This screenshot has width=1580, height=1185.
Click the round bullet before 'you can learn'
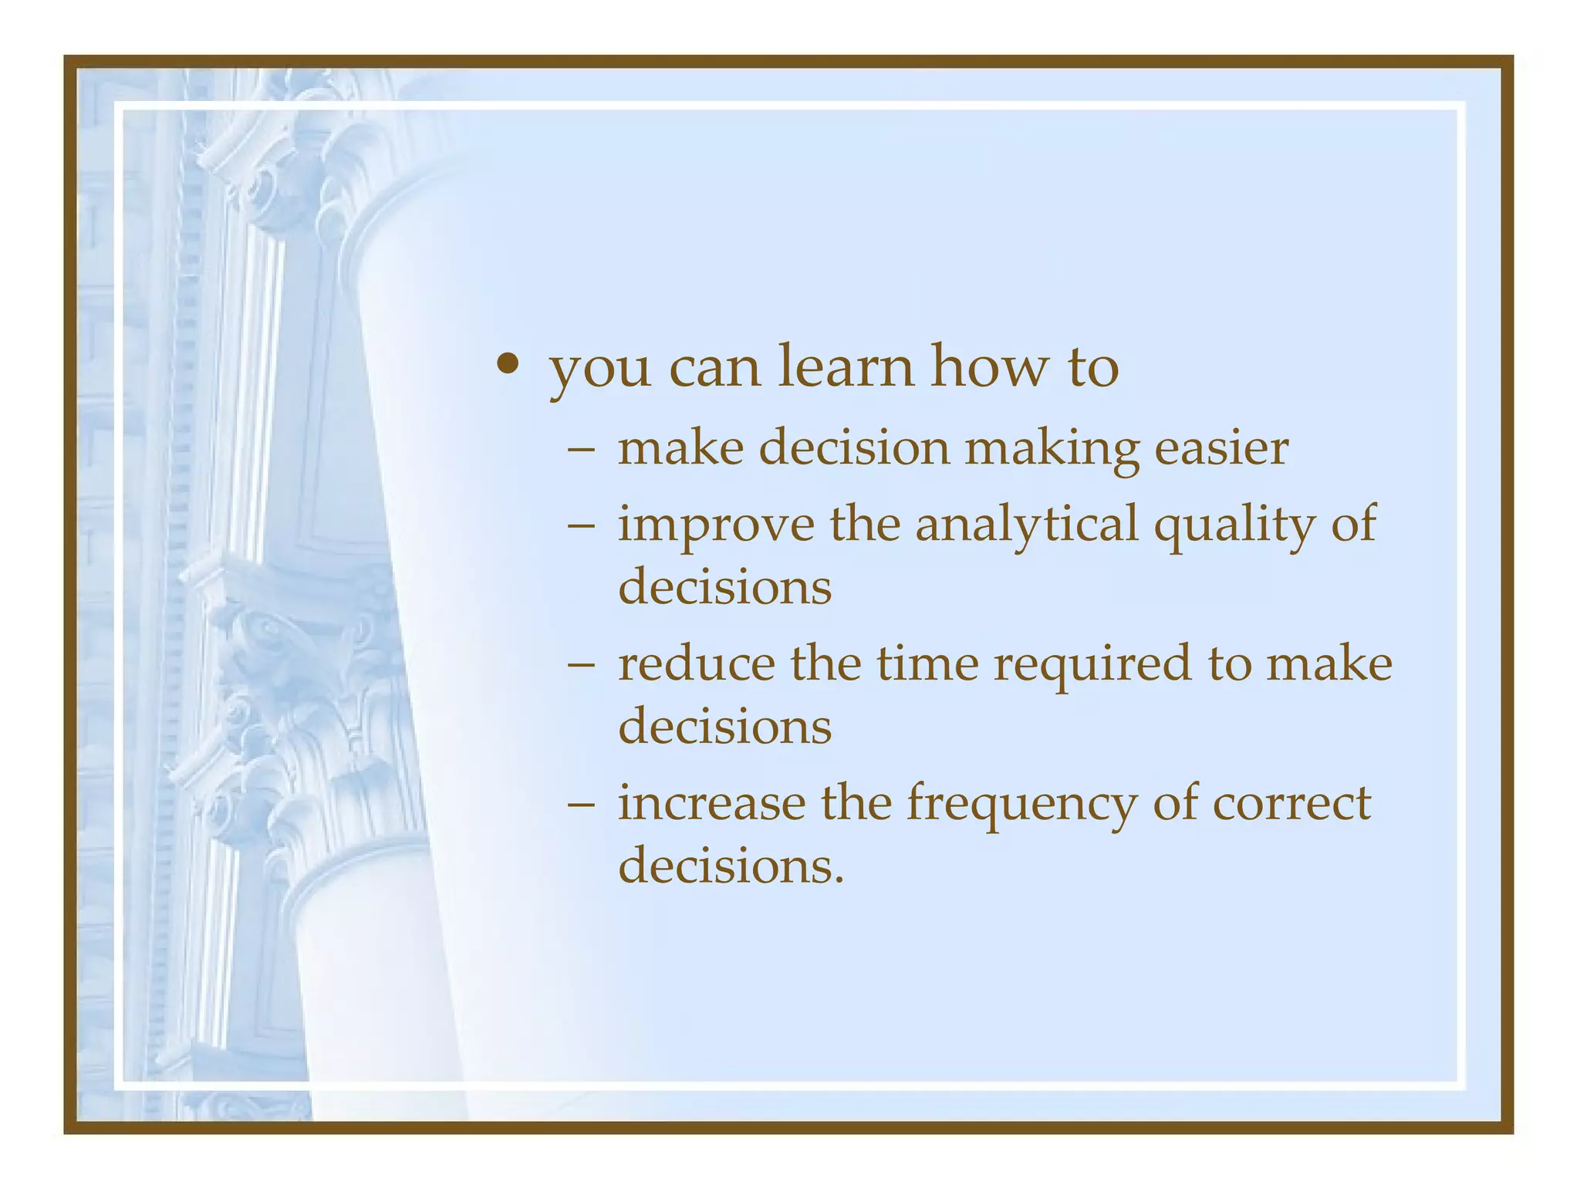click(507, 363)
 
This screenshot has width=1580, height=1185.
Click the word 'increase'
click(711, 803)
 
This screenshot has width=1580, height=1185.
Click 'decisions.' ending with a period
click(731, 866)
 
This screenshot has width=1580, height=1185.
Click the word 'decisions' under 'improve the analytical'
click(724, 587)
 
